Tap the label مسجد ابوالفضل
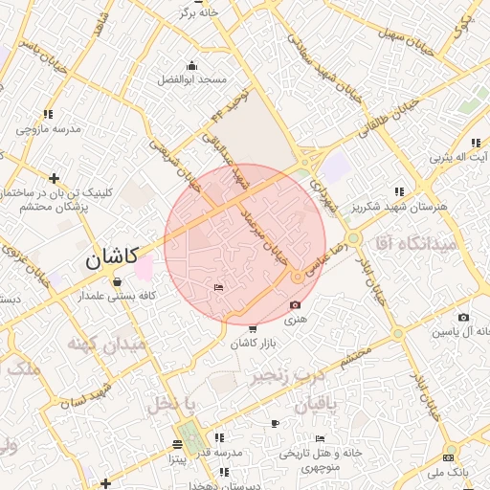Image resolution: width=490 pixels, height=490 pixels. click(191, 78)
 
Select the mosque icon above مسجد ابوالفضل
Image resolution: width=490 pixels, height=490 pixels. click(192, 65)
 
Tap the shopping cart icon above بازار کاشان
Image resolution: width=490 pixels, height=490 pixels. click(253, 329)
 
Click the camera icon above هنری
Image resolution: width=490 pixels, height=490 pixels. click(294, 305)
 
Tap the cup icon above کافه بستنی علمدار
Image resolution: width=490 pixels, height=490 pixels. click(117, 282)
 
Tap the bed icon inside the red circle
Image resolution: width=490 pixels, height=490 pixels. click(219, 288)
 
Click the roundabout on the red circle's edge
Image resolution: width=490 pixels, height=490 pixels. click(299, 277)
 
